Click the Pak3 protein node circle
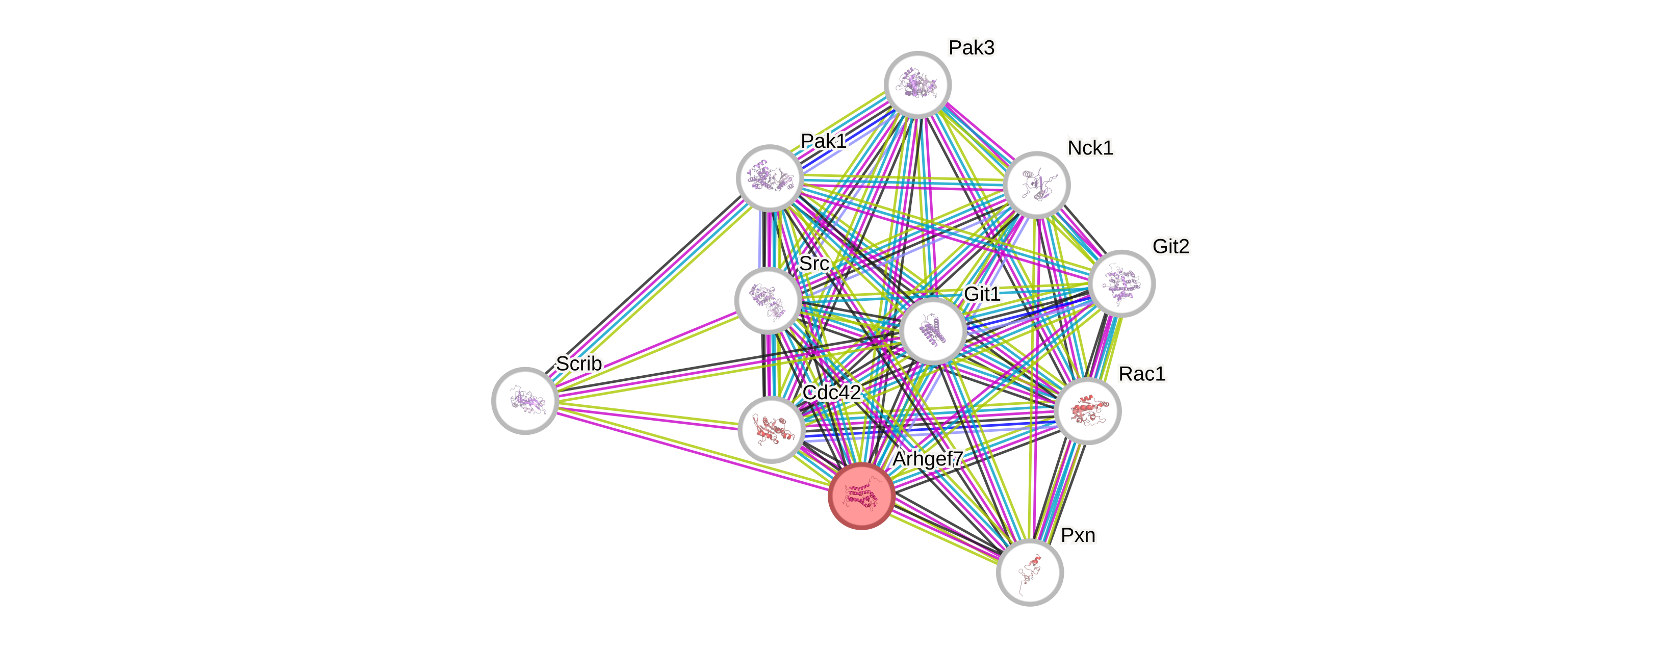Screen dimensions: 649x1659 click(x=918, y=84)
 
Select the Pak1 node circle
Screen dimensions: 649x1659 click(x=770, y=178)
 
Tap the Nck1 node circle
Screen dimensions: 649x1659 click(x=1036, y=185)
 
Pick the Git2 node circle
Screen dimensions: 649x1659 click(x=1122, y=283)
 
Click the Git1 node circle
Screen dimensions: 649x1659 click(x=933, y=331)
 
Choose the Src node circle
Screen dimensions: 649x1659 click(x=768, y=300)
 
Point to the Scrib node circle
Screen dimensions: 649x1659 click(x=525, y=401)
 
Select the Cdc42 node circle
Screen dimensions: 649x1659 click(x=771, y=429)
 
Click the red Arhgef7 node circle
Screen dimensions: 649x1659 click(x=861, y=496)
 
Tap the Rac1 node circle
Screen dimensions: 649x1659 click(x=1088, y=411)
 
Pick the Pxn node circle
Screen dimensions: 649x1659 click(x=1030, y=573)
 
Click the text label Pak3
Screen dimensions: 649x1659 click(x=971, y=47)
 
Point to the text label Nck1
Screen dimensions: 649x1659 click(x=1090, y=147)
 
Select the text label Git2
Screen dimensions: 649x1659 click(x=1171, y=246)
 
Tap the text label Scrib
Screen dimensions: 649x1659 click(x=578, y=363)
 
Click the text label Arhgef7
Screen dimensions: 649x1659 click(x=927, y=458)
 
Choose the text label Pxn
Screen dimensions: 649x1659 click(x=1078, y=535)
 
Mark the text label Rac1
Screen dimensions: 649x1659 click(x=1142, y=373)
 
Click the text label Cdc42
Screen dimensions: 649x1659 click(x=831, y=392)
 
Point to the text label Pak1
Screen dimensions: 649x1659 click(x=823, y=140)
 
